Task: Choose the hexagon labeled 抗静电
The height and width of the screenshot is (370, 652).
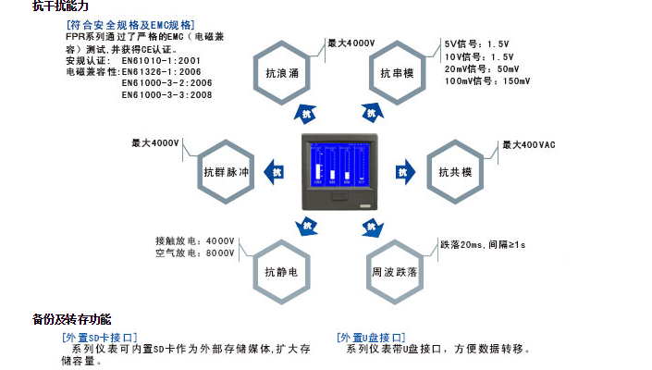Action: click(281, 272)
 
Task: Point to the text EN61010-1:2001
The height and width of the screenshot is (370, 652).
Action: click(162, 60)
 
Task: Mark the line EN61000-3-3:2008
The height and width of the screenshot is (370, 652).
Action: click(167, 94)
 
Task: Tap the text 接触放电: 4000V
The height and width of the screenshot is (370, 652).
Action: click(194, 240)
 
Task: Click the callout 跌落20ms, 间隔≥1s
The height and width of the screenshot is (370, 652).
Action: click(483, 244)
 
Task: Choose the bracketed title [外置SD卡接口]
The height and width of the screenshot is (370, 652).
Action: click(99, 338)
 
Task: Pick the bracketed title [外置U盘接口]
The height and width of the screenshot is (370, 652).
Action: click(372, 338)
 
